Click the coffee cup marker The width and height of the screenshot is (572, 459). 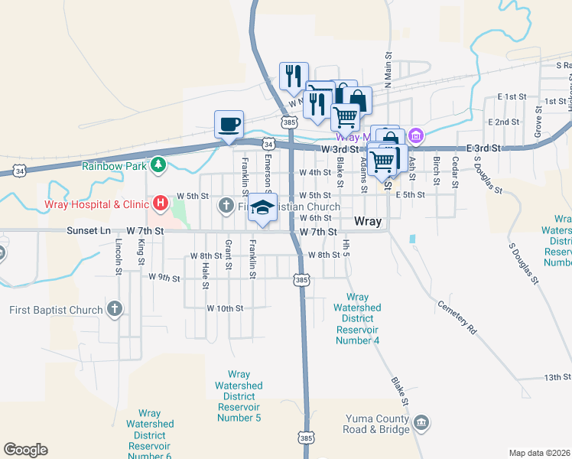point(229,124)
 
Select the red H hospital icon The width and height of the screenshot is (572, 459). point(161,203)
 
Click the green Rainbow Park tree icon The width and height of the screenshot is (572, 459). point(158,164)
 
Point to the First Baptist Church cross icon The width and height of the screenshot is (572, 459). point(114,310)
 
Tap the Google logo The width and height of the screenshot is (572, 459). point(25,450)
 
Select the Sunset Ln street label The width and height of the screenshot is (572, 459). point(89,230)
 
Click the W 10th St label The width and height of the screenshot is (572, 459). point(225,308)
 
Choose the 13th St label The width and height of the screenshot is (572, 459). point(553,377)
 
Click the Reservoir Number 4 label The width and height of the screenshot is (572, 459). point(357,318)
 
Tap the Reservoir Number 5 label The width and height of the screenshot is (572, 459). point(239,396)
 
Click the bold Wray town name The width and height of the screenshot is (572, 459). point(368,222)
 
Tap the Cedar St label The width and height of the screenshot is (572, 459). point(455,172)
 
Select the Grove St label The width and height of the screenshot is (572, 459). point(538,122)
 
